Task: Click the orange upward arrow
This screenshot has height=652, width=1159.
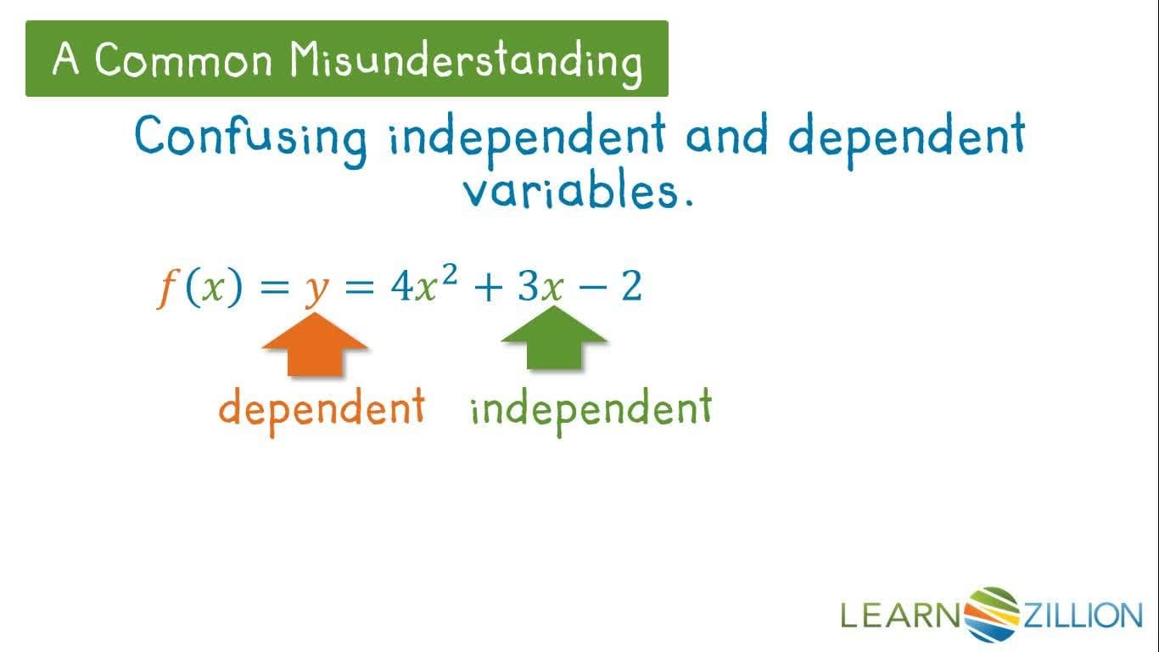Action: pyautogui.click(x=315, y=343)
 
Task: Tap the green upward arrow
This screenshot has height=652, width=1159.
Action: pyautogui.click(x=554, y=339)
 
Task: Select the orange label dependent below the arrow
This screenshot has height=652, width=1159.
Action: pyautogui.click(x=322, y=408)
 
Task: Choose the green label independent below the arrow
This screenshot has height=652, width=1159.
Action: pyautogui.click(x=591, y=408)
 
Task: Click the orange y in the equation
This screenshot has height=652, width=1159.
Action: pyautogui.click(x=316, y=289)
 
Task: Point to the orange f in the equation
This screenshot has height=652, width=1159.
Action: pyautogui.click(x=166, y=289)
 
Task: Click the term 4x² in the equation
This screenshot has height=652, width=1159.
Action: pyautogui.click(x=423, y=286)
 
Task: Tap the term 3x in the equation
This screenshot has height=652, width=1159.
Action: pyautogui.click(x=540, y=289)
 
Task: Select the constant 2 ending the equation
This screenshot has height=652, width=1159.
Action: pyautogui.click(x=631, y=288)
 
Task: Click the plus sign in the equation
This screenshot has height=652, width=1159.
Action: pyautogui.click(x=487, y=289)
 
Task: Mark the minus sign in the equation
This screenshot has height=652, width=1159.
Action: pyautogui.click(x=591, y=289)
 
